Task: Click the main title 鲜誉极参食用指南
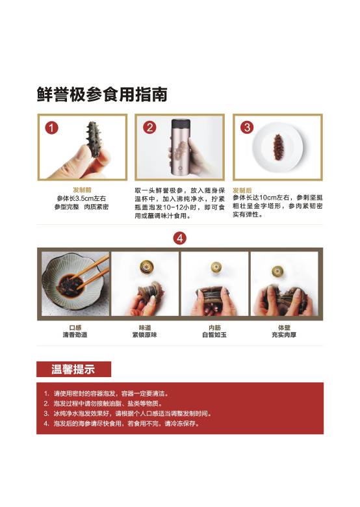tap(102, 94)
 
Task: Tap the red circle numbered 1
tap(51, 127)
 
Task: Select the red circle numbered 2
tap(149, 127)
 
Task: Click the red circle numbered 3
tap(247, 127)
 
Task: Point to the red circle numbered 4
tap(180, 239)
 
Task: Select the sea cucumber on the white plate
tap(279, 147)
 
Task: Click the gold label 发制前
tap(82, 190)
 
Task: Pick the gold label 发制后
tap(242, 190)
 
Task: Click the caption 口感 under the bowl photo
tap(75, 328)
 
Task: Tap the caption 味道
tap(145, 328)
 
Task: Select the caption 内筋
tap(214, 328)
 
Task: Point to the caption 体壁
tap(284, 328)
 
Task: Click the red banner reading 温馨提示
tap(73, 369)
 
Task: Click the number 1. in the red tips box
tap(47, 393)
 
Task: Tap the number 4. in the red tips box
tap(47, 423)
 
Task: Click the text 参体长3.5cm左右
tap(81, 198)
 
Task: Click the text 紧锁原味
tap(145, 335)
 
